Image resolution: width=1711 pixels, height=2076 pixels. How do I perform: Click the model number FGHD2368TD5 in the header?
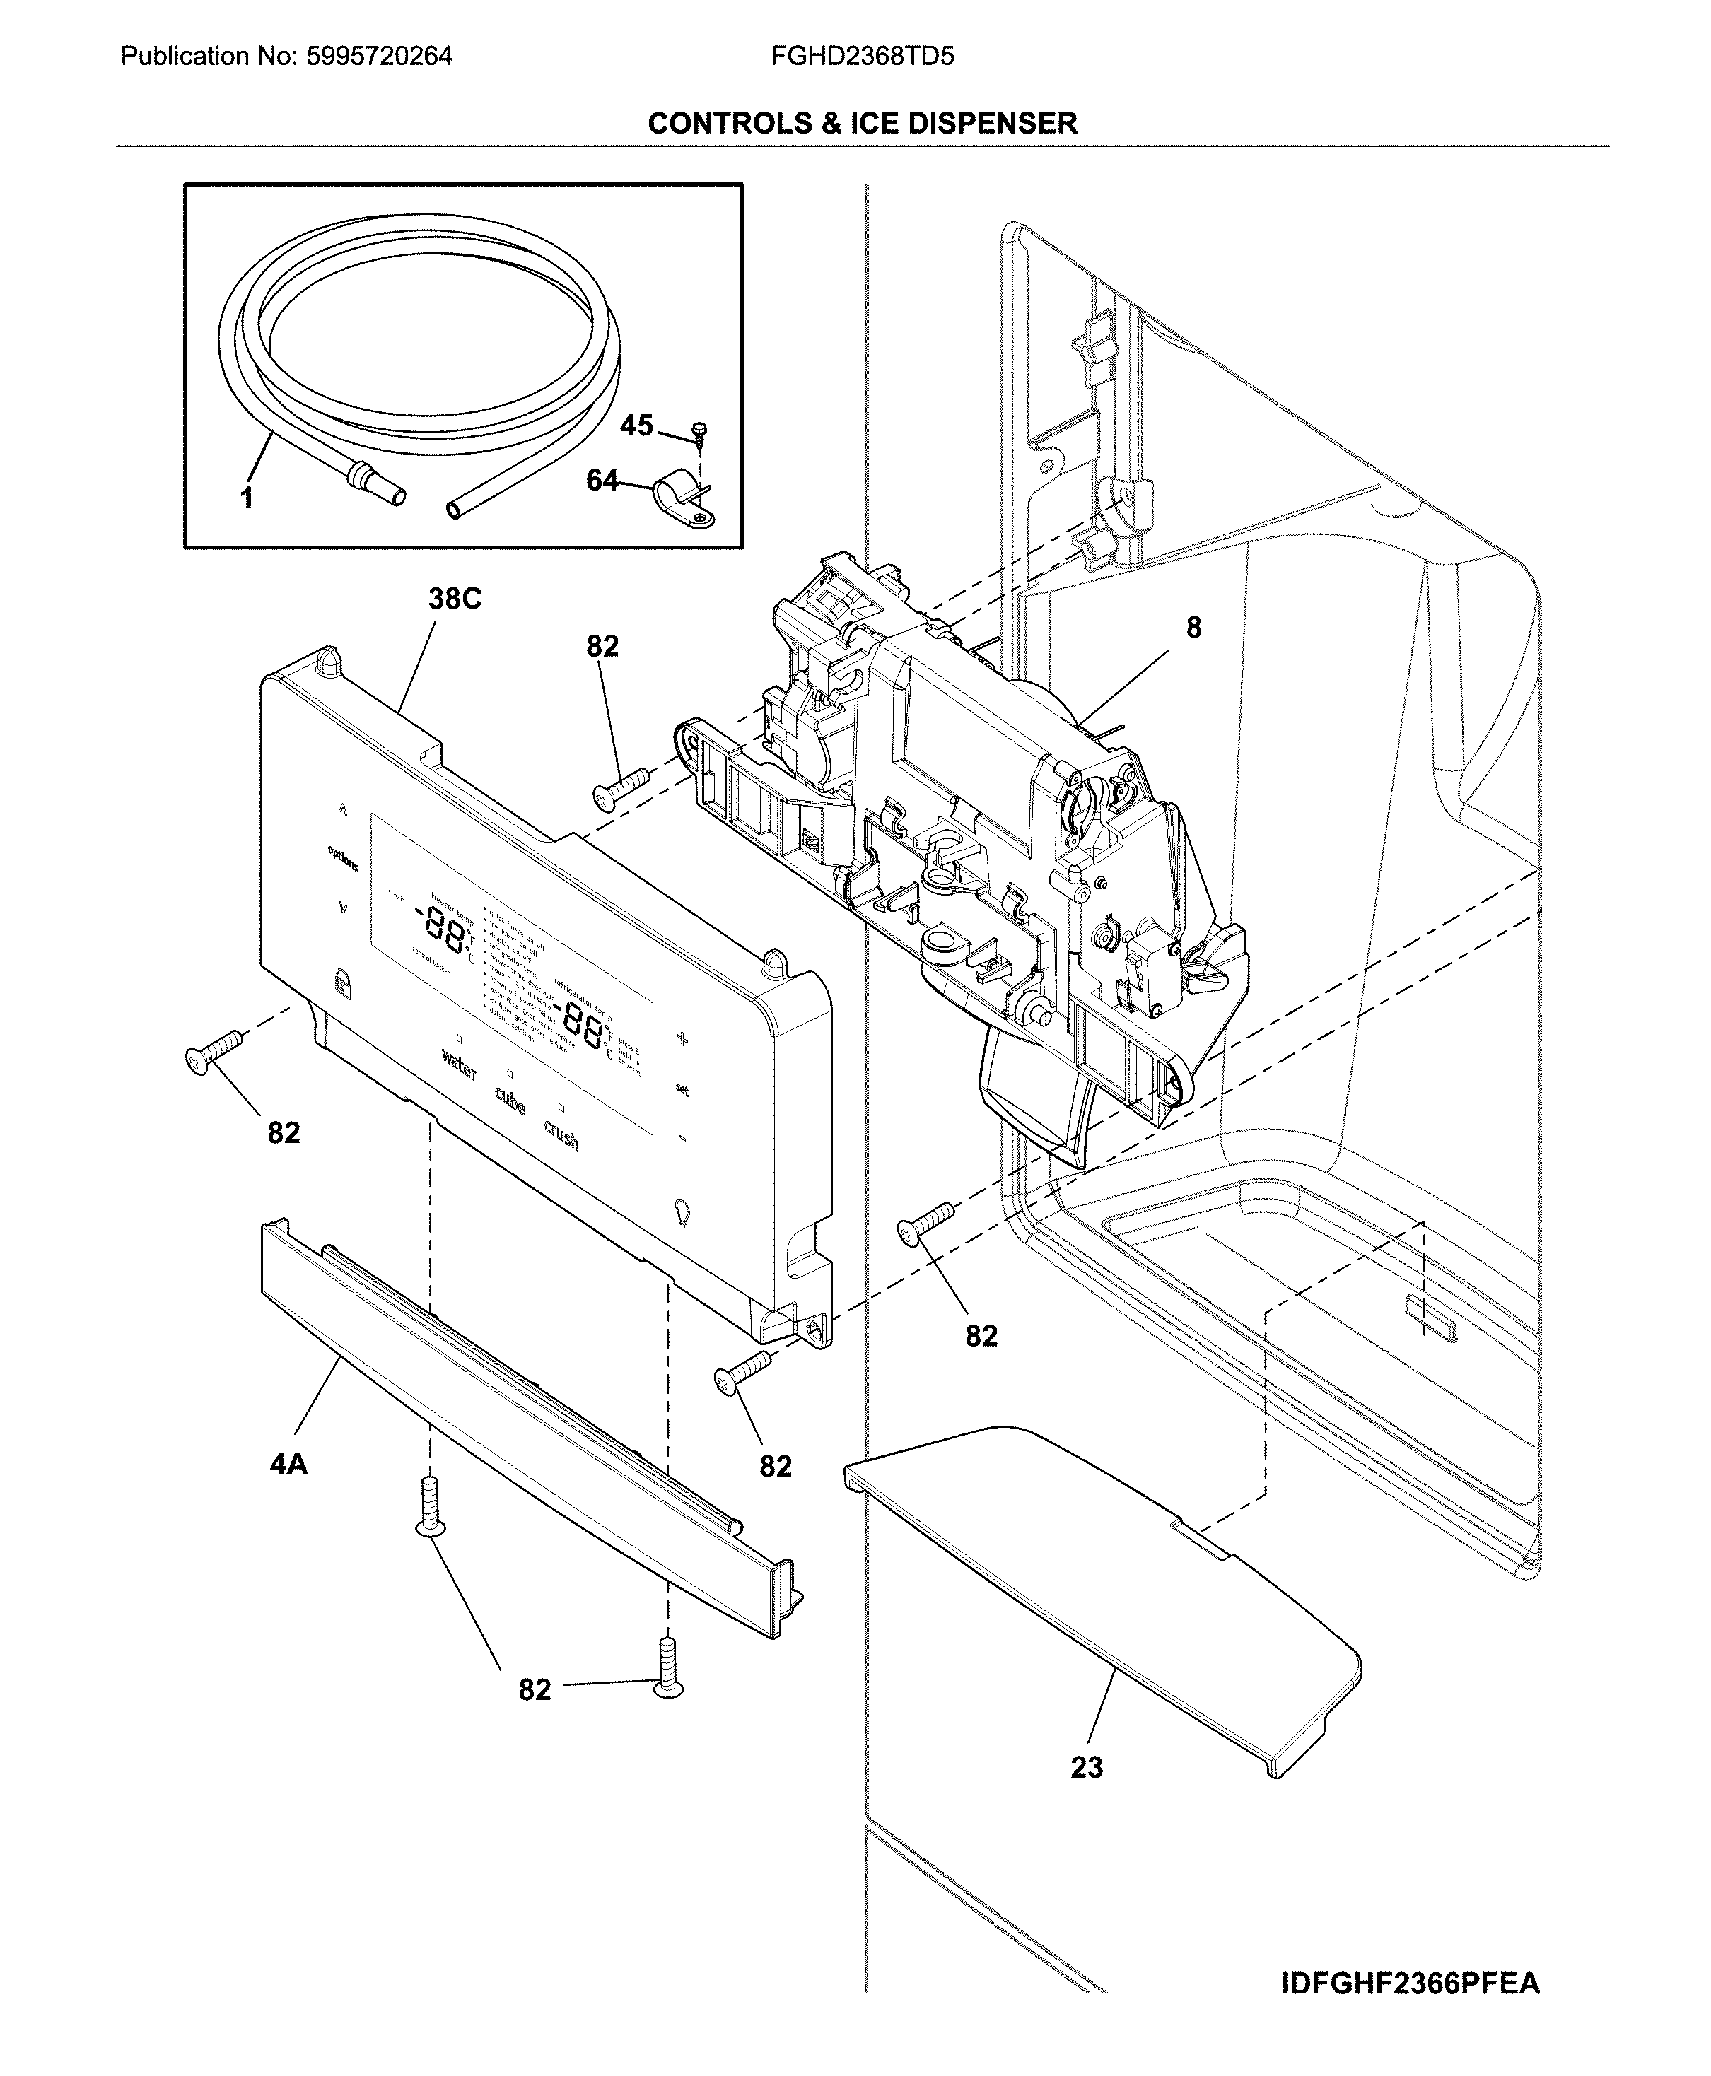tap(863, 56)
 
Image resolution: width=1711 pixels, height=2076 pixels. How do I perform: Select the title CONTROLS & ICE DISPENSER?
tap(863, 123)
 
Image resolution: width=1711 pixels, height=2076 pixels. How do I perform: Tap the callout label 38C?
tap(455, 599)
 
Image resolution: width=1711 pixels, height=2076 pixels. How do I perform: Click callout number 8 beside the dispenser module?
tap(1193, 628)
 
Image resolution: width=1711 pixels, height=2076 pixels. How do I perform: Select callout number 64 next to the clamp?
tap(602, 481)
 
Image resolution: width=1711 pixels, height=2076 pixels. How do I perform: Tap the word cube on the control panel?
tap(510, 1101)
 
